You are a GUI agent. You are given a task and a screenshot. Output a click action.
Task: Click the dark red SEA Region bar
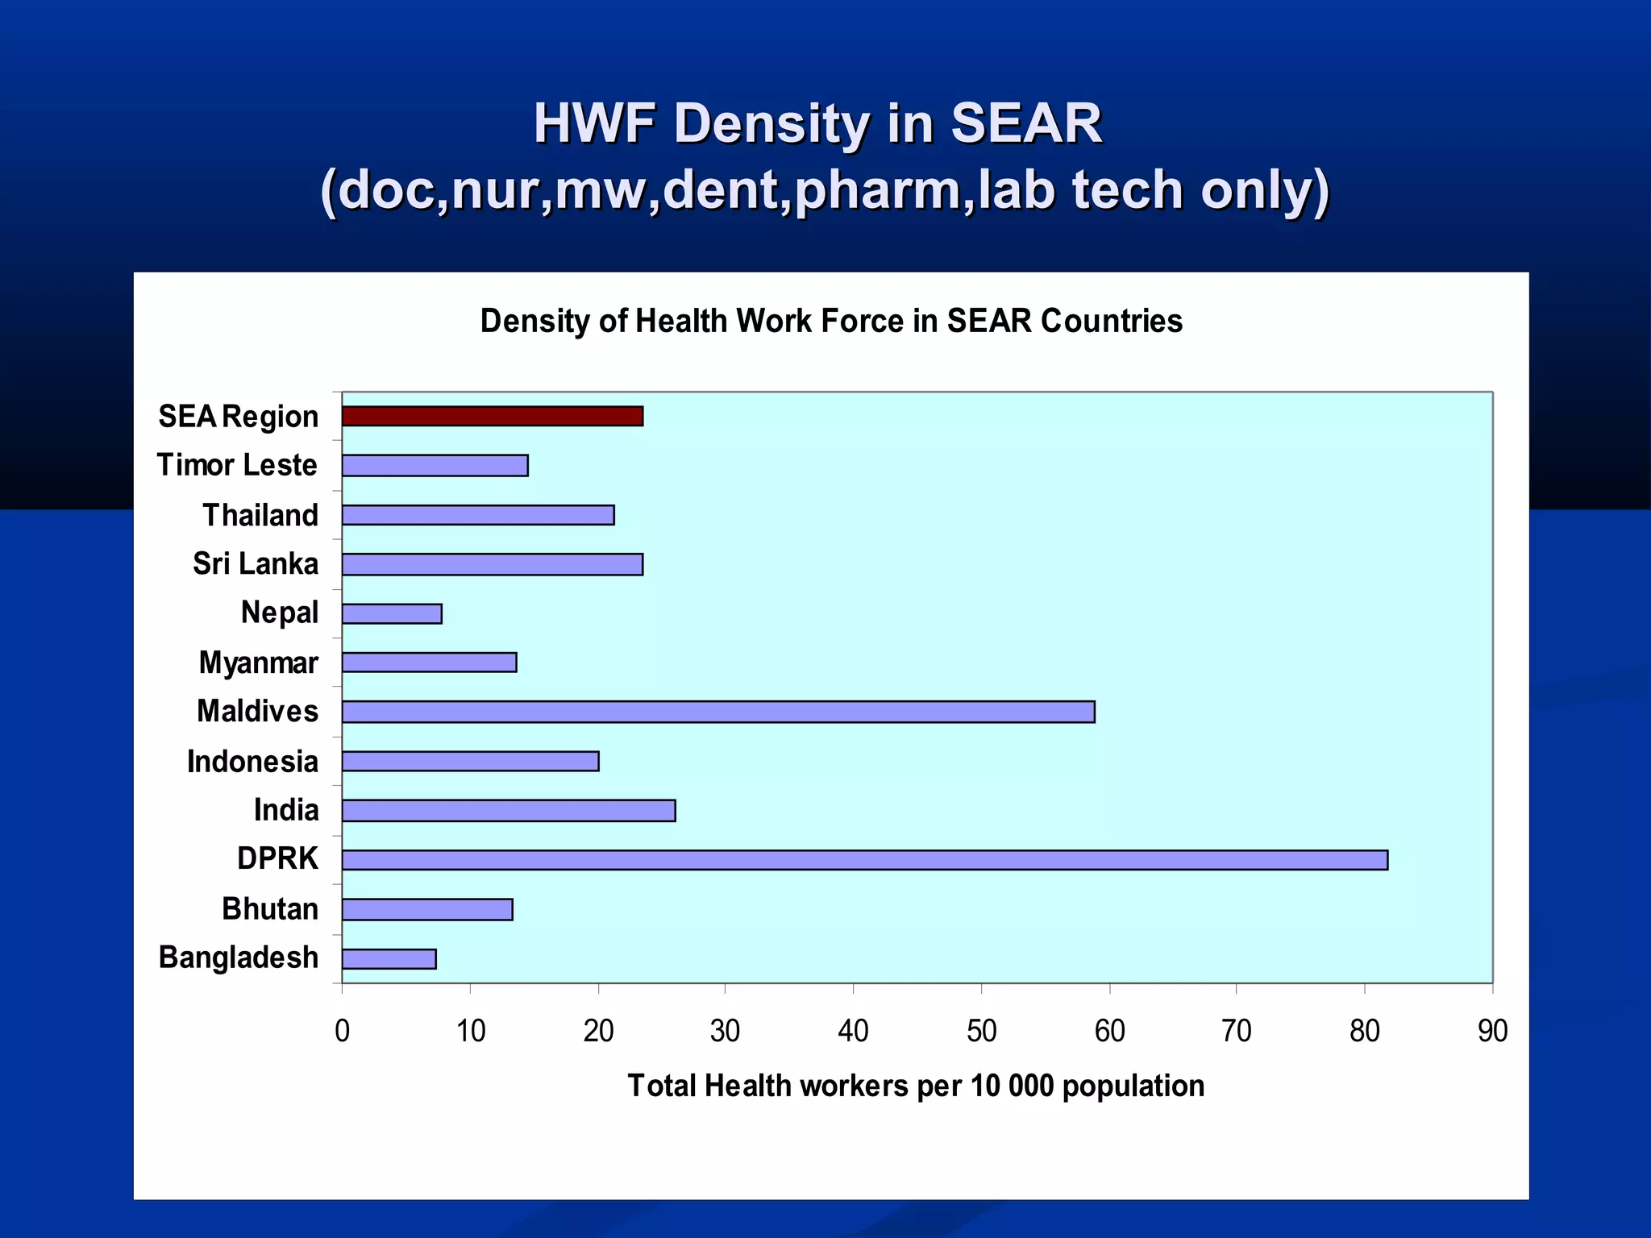492,416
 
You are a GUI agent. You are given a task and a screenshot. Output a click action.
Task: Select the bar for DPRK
864,860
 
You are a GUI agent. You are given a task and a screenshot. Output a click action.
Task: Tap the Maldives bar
717,712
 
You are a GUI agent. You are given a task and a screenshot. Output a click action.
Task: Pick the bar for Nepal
392,614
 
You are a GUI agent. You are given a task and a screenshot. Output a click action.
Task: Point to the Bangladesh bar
389,959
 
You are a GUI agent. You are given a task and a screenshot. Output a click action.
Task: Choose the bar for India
508,811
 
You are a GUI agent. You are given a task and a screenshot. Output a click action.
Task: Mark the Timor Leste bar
435,466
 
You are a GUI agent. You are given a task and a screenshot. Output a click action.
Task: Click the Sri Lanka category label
256,563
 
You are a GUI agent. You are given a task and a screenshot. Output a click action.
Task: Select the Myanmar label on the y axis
258,663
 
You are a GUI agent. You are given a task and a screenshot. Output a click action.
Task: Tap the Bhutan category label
270,908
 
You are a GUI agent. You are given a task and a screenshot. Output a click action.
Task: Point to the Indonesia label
252,762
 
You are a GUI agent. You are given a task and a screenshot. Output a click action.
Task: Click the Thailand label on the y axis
260,515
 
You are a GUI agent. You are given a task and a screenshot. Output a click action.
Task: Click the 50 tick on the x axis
981,1031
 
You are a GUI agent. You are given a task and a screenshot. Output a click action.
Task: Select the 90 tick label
1492,1031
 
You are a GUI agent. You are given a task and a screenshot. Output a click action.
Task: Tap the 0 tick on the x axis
343,1031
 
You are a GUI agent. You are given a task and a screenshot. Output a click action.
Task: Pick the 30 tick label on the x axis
725,1031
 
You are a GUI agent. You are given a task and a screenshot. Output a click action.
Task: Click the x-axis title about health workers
916,1086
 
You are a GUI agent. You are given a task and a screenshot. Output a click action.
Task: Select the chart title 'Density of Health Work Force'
831,321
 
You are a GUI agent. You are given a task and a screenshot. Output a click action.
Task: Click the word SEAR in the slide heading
1025,123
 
